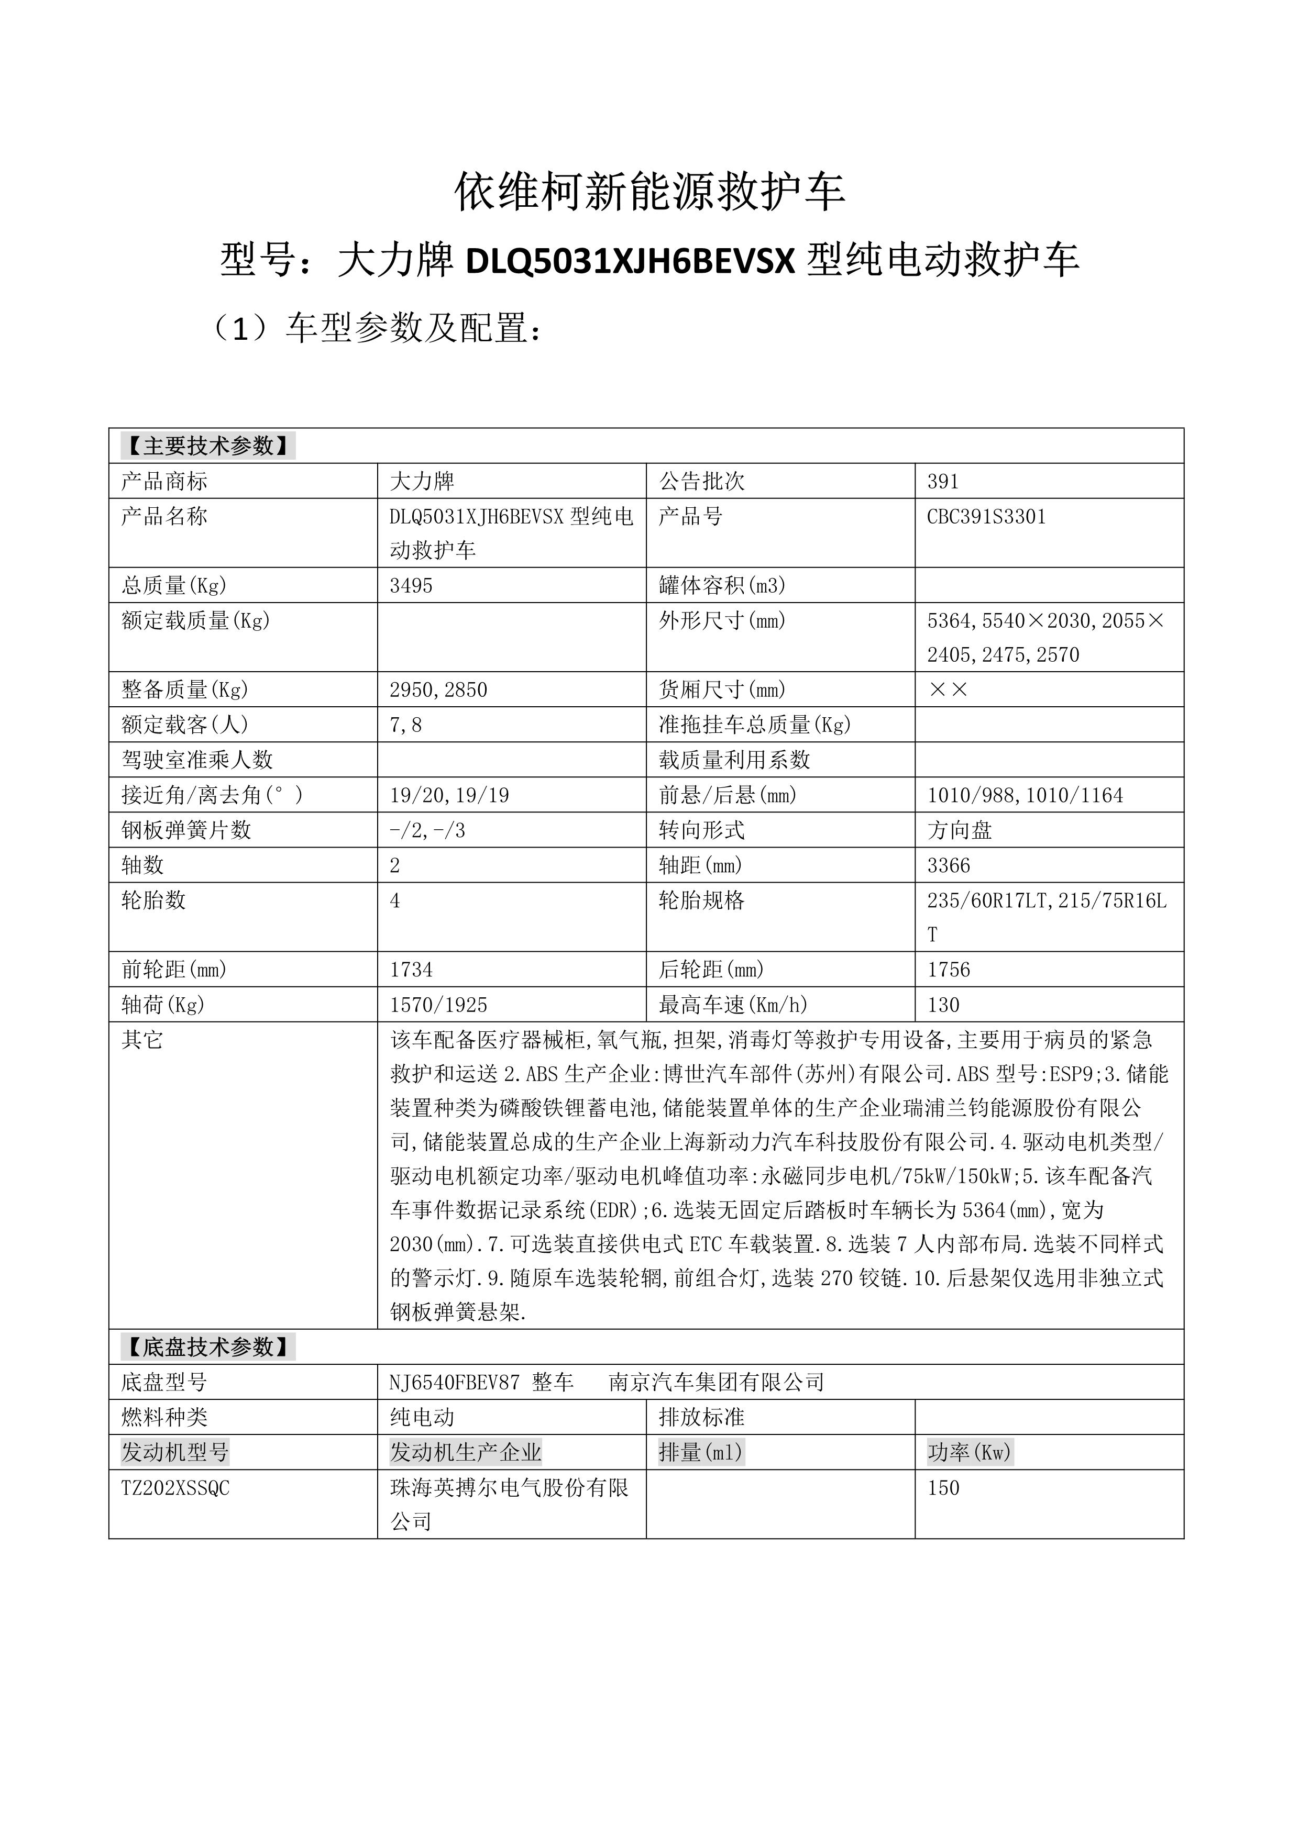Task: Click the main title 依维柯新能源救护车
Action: (649, 192)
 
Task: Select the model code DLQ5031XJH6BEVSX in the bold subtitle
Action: (630, 261)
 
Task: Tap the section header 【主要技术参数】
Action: (208, 446)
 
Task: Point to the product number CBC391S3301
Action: (986, 517)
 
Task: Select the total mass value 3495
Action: (411, 586)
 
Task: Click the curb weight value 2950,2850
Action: (438, 690)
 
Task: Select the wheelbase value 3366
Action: (949, 865)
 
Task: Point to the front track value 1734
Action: (411, 970)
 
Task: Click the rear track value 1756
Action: (949, 970)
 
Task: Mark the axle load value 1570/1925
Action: (438, 1005)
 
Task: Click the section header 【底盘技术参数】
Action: (208, 1348)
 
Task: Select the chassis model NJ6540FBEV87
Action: (454, 1383)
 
